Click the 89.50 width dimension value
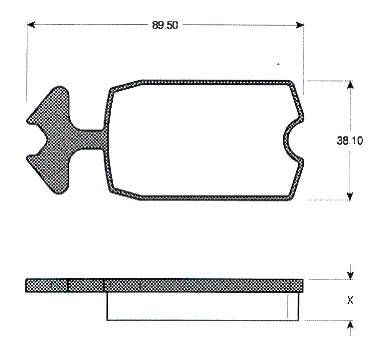click(165, 25)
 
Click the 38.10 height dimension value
click(350, 140)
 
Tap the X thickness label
click(350, 300)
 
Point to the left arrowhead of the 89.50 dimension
click(31, 25)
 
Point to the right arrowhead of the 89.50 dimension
click(300, 25)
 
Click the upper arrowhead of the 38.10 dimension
click(350, 85)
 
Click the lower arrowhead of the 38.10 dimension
click(350, 196)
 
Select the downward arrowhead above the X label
click(350, 275)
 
